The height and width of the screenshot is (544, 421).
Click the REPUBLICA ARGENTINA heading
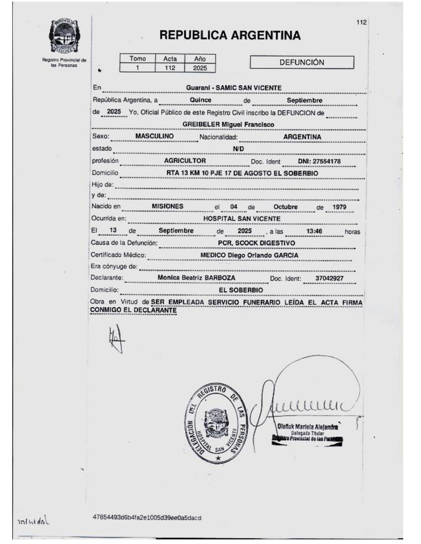230,35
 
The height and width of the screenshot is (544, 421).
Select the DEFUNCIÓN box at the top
302,62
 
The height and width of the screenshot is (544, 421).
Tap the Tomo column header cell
137,59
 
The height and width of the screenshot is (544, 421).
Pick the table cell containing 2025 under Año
200,68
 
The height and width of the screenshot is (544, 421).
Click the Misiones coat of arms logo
64,37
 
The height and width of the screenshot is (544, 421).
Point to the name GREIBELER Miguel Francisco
228,125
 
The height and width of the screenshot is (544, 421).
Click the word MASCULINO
154,136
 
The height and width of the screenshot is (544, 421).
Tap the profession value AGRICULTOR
185,161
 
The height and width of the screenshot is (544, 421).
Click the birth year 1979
339,207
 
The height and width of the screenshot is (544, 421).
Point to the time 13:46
314,231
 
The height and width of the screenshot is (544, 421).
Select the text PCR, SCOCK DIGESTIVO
256,243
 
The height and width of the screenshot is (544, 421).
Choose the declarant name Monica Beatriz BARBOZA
196,278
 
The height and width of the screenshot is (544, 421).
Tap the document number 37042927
329,278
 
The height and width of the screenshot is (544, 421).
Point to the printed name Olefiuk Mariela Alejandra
307,426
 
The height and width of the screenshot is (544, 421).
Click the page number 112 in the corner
361,22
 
